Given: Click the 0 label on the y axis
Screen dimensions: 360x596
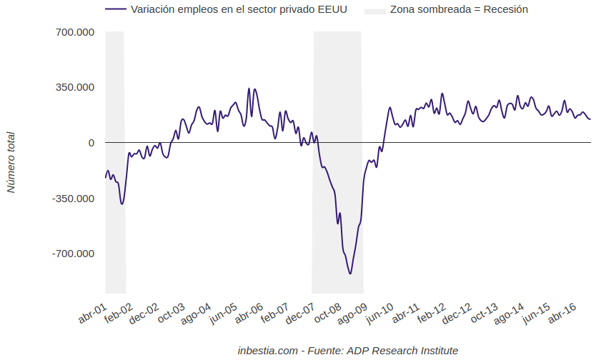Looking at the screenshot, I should coord(91,143).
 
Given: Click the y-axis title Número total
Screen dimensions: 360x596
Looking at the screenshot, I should coord(11,162).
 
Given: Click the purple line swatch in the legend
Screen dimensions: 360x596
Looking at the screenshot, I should coord(115,10).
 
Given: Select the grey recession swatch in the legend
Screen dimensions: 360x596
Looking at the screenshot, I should coord(374,10).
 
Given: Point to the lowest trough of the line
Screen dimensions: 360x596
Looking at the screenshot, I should coord(350,274).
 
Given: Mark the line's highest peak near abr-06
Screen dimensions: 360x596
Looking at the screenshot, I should coord(249,89).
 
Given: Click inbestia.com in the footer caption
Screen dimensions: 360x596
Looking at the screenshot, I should coord(267,351).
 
